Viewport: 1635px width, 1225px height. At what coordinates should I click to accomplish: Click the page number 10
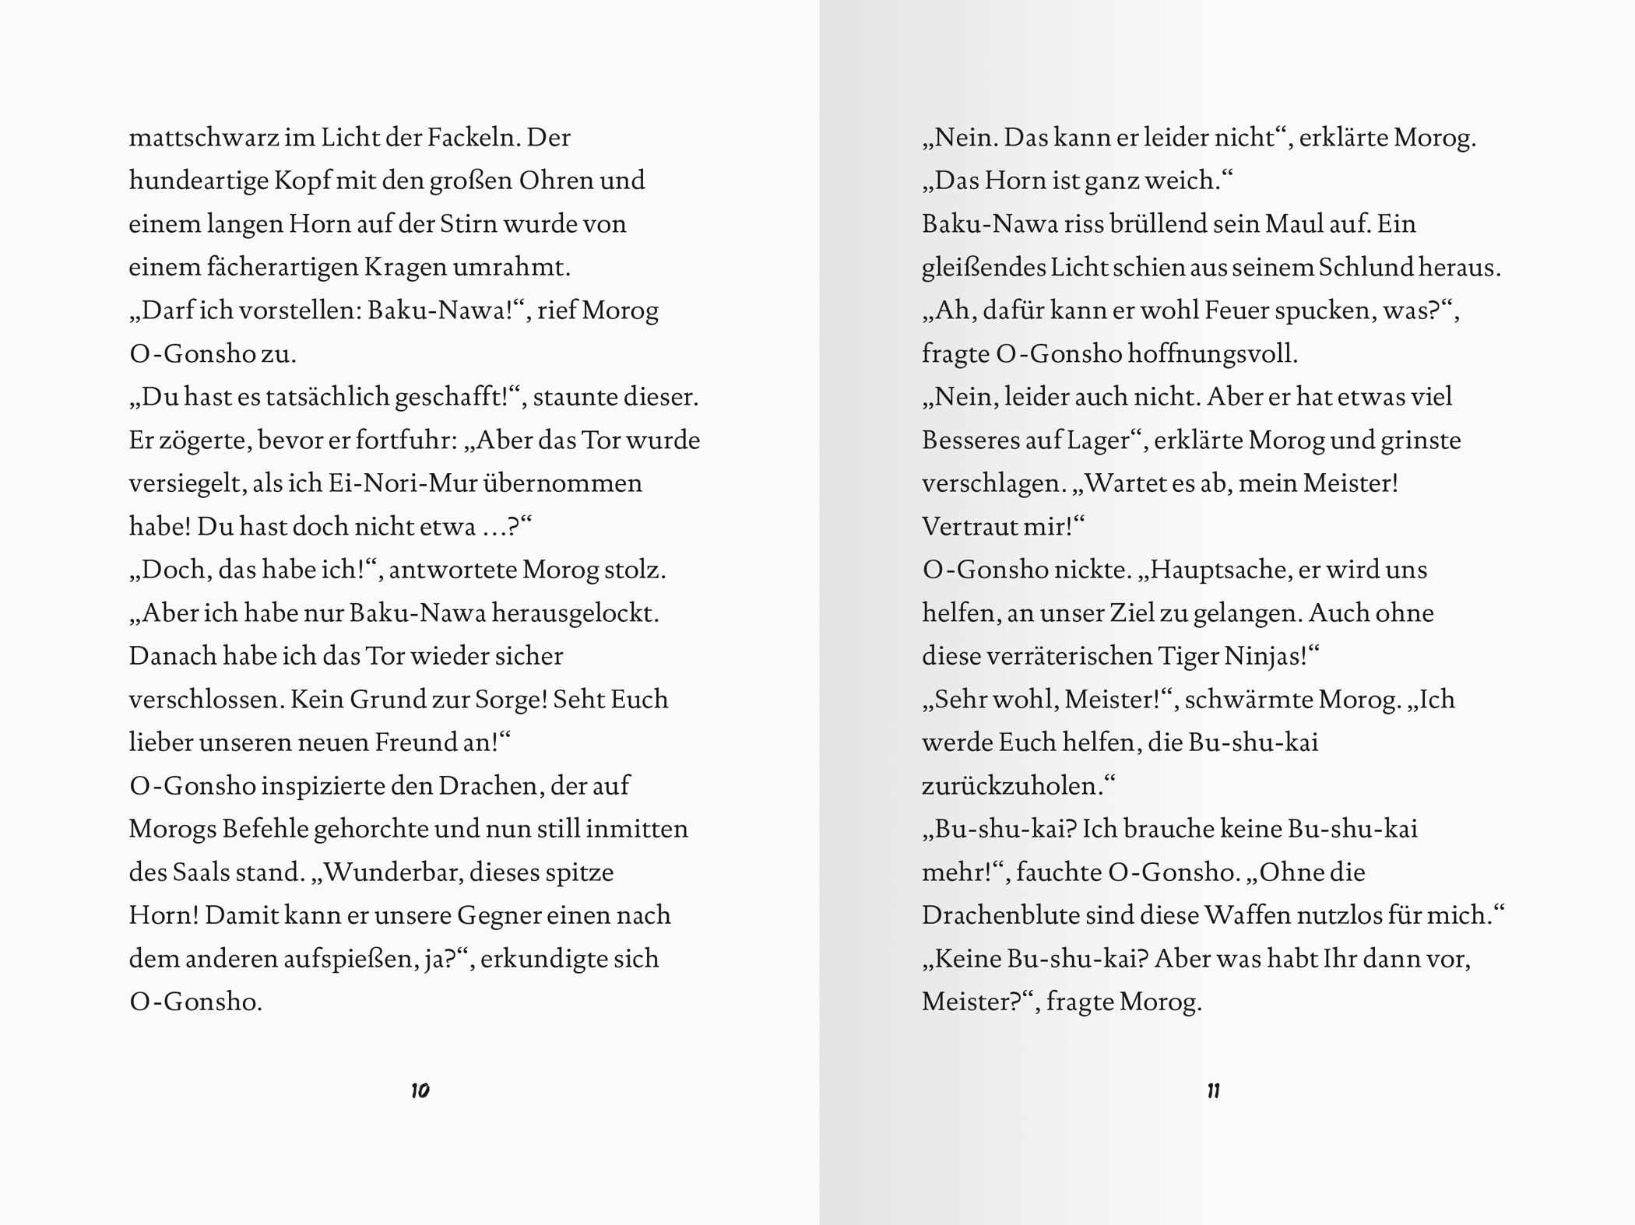click(x=420, y=1090)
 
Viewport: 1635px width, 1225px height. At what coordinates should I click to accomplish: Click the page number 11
click(x=1213, y=1090)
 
